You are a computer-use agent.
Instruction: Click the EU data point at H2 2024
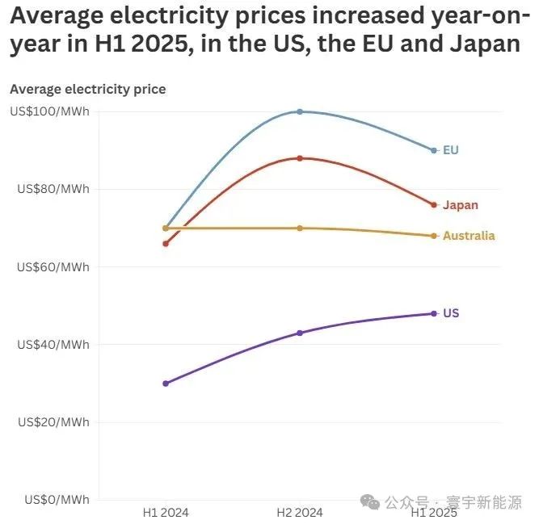(300, 111)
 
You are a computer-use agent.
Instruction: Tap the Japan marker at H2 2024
(300, 158)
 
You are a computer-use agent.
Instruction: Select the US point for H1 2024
(166, 384)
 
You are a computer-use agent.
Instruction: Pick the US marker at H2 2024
(300, 333)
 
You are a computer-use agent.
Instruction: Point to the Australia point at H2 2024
(300, 228)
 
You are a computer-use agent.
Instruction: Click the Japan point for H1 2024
(166, 243)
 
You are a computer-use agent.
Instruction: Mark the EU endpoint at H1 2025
(434, 151)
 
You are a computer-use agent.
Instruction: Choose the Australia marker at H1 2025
(434, 236)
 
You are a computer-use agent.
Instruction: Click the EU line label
(450, 151)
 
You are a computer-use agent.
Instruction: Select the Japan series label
(460, 205)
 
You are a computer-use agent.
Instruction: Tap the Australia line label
(469, 236)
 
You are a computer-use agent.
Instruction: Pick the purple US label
(451, 313)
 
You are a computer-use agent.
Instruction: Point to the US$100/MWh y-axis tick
(49, 111)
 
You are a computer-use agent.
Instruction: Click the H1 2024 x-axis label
(166, 512)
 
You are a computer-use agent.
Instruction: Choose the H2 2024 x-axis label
(300, 512)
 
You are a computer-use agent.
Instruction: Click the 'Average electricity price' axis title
(87, 89)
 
